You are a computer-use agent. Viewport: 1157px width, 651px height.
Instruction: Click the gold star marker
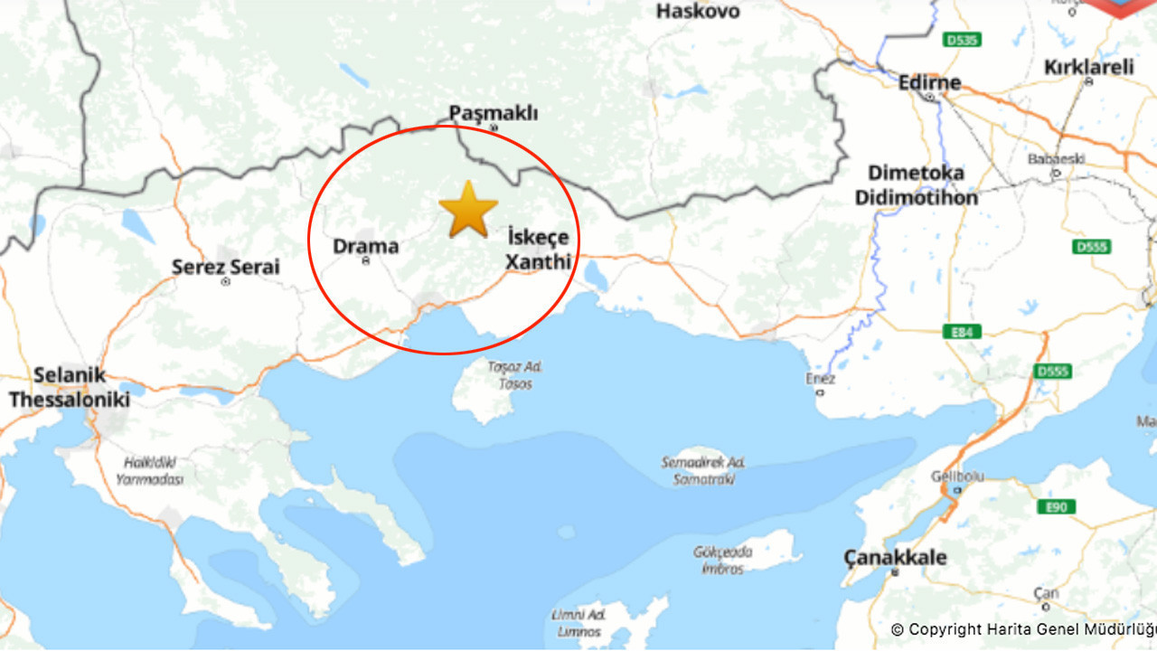click(x=468, y=210)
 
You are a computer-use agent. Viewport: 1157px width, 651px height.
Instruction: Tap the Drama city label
click(x=365, y=246)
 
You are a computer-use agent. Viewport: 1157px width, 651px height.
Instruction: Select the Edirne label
click(x=929, y=82)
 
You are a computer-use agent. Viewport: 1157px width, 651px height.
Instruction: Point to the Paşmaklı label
click(x=494, y=113)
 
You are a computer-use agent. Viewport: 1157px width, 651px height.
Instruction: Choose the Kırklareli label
click(x=1088, y=67)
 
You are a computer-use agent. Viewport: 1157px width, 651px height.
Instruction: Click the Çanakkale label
click(x=895, y=557)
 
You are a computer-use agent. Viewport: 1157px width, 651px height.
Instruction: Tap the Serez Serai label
click(x=226, y=267)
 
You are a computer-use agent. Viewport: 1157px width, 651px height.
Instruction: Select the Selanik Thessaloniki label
click(x=70, y=387)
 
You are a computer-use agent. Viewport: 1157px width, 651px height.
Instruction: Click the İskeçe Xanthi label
click(x=538, y=250)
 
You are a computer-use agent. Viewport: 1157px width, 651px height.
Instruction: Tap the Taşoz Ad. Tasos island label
click(x=513, y=375)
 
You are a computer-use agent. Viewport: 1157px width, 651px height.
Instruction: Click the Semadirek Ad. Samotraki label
click(x=703, y=471)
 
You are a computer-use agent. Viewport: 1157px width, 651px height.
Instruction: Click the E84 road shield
click(x=961, y=332)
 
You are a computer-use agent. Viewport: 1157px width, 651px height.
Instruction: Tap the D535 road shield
click(x=961, y=40)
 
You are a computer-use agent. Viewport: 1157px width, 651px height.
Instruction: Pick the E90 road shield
click(x=1056, y=507)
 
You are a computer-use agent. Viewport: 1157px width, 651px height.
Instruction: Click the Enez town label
click(x=821, y=380)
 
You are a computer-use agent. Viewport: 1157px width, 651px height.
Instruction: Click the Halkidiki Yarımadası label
click(x=149, y=470)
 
